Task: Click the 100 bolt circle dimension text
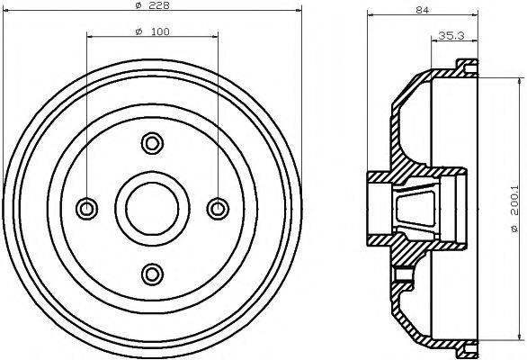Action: coord(160,32)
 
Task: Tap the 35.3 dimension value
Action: coord(450,36)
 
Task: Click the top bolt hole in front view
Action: coord(152,141)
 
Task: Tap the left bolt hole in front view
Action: coord(86,208)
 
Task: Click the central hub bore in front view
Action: coord(152,208)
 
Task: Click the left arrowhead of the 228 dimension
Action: coord(7,10)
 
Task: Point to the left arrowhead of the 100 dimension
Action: coord(90,36)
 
